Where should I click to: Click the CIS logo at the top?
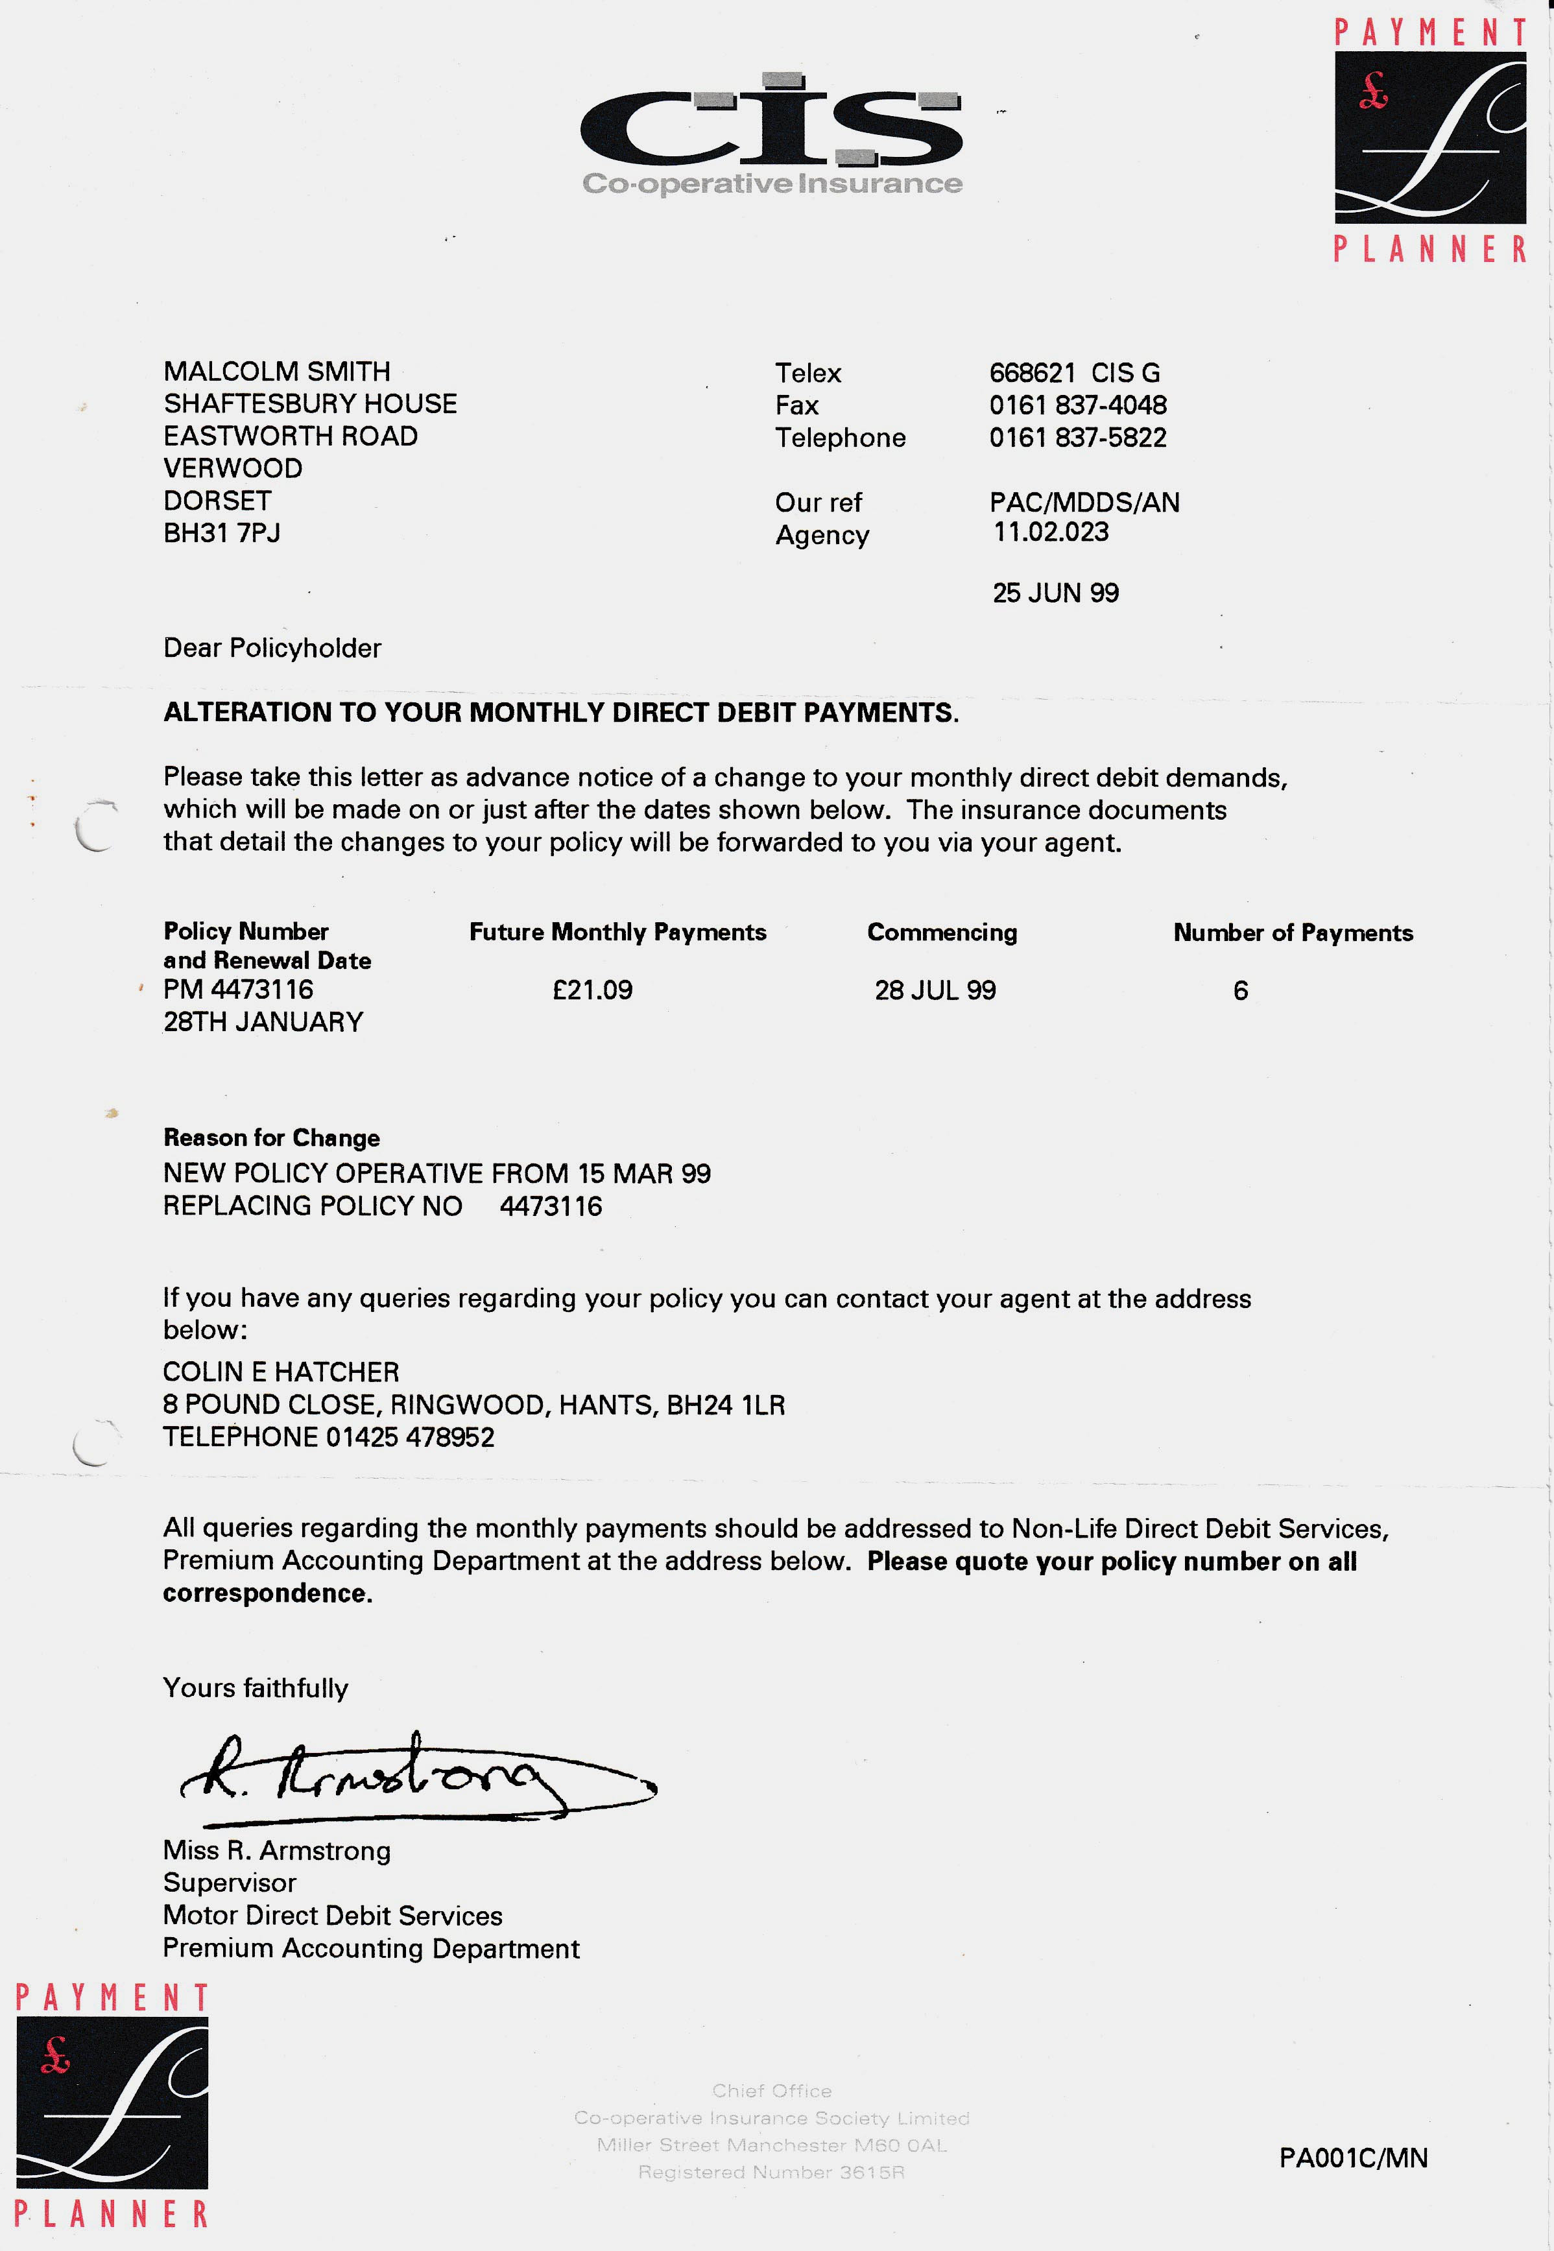[771, 132]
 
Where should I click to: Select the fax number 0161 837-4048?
[1078, 405]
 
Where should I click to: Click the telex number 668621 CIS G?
[1074, 373]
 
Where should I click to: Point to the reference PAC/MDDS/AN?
[1084, 503]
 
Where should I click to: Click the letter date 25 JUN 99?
[1055, 593]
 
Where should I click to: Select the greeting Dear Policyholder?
[272, 649]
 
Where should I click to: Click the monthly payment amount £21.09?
[592, 990]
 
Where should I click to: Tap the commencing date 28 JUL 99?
[935, 990]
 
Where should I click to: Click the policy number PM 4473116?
[239, 989]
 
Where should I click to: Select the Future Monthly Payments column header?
[617, 932]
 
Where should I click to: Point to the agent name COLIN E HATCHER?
[280, 1372]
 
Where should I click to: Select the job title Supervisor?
[230, 1883]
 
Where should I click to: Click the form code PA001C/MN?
[1352, 2158]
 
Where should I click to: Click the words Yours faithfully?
[255, 1688]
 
